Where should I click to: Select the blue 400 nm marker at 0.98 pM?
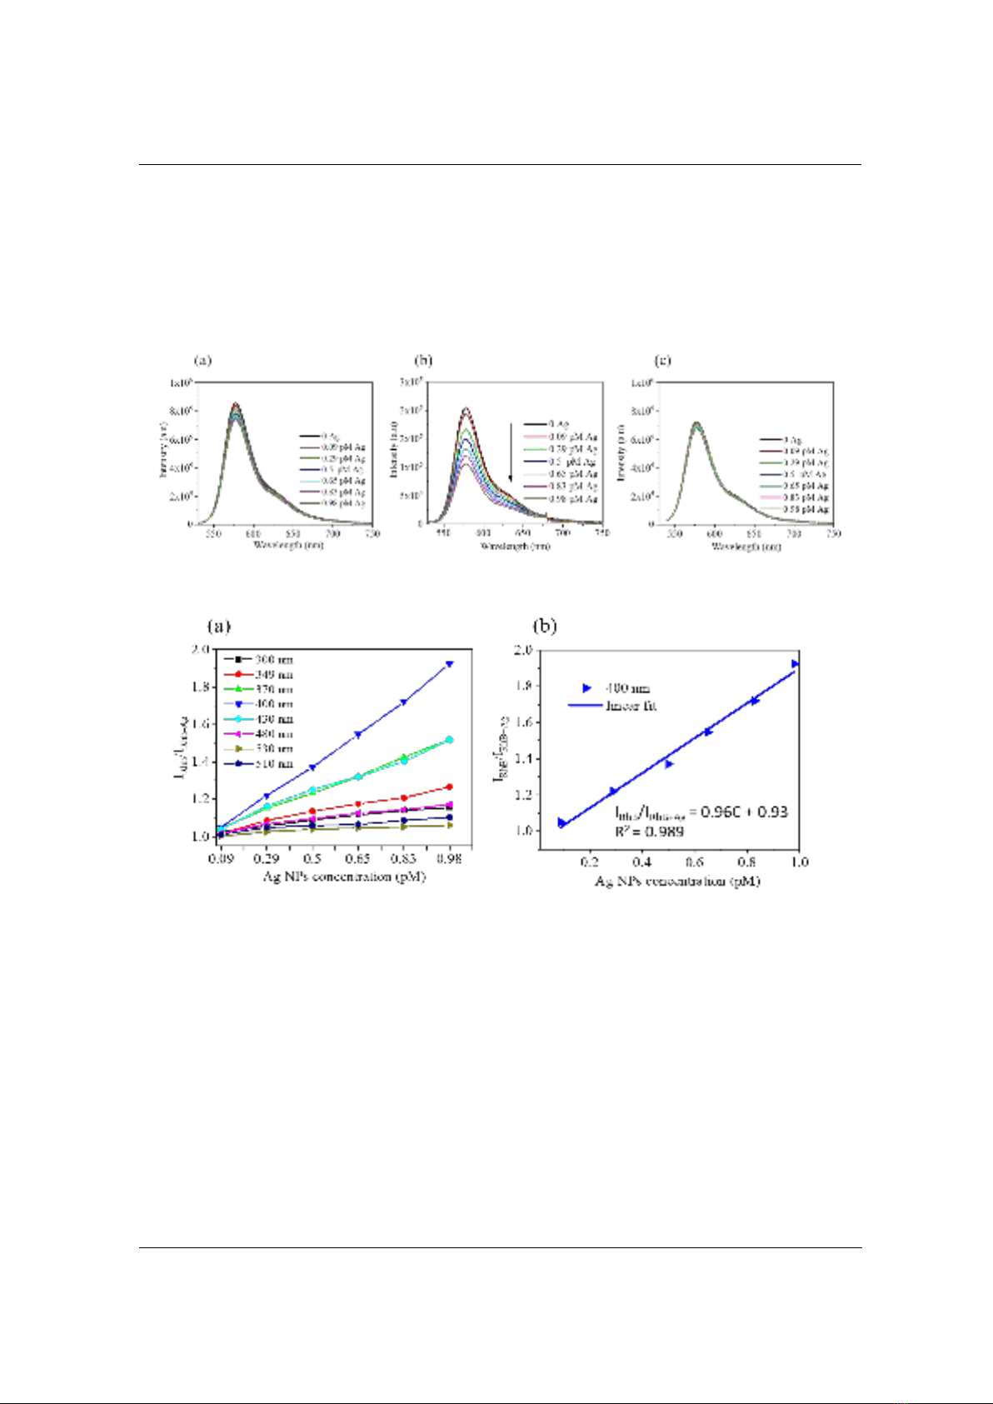click(x=450, y=664)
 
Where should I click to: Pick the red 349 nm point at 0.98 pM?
click(x=450, y=787)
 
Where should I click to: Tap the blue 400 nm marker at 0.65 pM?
click(x=358, y=735)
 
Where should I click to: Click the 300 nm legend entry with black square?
click(x=258, y=659)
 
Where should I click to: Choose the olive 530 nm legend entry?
click(x=258, y=748)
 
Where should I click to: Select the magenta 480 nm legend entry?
click(x=258, y=734)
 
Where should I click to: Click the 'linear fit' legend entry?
click(x=613, y=706)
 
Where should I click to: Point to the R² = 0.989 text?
click(x=649, y=831)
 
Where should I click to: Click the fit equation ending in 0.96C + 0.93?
click(x=701, y=812)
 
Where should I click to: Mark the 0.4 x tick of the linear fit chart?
click(x=642, y=862)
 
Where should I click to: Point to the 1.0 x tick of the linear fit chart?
click(x=800, y=862)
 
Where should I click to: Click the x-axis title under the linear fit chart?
click(x=676, y=881)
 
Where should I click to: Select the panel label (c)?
click(x=663, y=360)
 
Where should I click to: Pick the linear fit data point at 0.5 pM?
click(x=669, y=763)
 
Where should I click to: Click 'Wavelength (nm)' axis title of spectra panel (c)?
click(x=746, y=547)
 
